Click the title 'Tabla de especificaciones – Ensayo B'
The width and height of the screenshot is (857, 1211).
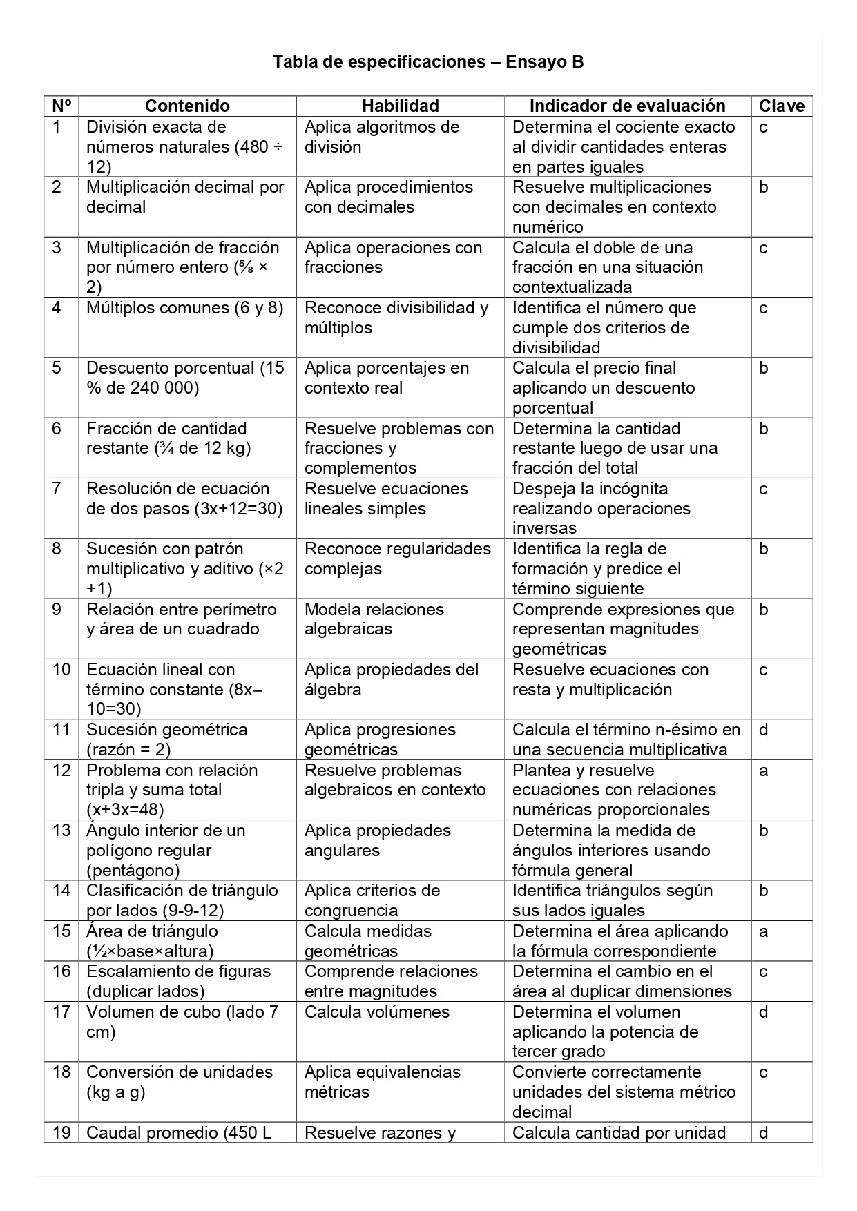pyautogui.click(x=428, y=62)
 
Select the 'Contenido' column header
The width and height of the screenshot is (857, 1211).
pyautogui.click(x=187, y=106)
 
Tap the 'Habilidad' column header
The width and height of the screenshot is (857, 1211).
pyautogui.click(x=400, y=106)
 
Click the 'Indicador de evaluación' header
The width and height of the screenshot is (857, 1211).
pyautogui.click(x=627, y=106)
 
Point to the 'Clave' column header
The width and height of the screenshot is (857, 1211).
pyautogui.click(x=782, y=106)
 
